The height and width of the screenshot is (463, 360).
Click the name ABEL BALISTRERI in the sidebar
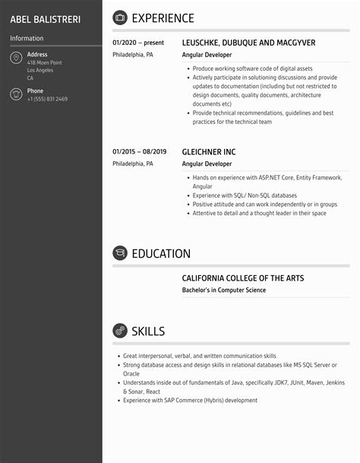click(x=45, y=18)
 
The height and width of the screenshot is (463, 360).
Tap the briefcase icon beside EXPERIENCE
click(x=119, y=18)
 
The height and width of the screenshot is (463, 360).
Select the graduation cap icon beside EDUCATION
click(x=119, y=253)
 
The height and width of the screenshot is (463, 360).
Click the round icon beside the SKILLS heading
click(x=119, y=331)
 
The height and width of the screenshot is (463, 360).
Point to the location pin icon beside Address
click(x=16, y=59)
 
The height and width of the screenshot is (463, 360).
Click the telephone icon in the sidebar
click(x=16, y=94)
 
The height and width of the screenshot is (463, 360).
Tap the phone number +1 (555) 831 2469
click(x=47, y=100)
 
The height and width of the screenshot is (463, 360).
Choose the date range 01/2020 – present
click(x=138, y=43)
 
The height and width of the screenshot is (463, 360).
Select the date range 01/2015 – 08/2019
click(x=139, y=152)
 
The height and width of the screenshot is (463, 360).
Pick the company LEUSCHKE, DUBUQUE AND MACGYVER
click(x=248, y=43)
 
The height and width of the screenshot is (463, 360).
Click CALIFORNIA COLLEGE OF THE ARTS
click(x=242, y=278)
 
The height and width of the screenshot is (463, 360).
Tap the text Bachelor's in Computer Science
click(x=224, y=290)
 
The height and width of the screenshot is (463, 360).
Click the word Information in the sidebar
click(x=27, y=38)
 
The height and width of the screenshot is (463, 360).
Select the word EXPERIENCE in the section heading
click(x=163, y=18)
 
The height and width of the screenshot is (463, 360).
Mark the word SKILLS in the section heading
click(x=148, y=331)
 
